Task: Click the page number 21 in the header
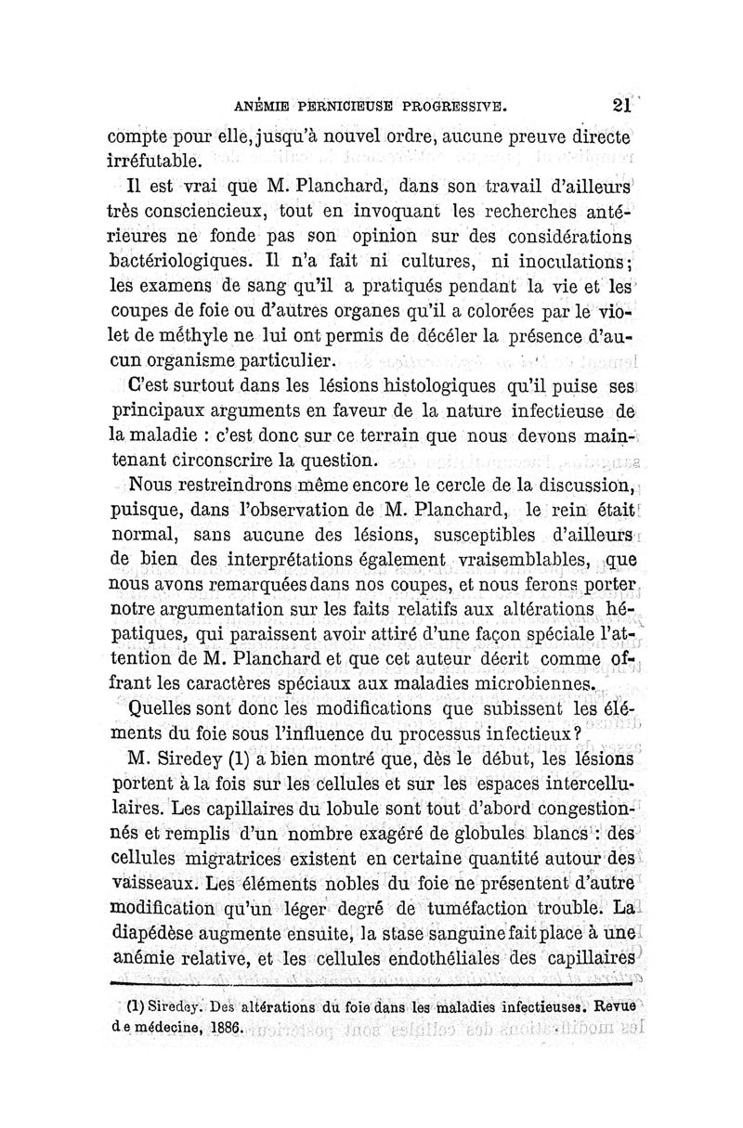tap(623, 105)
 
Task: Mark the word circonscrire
tap(234, 460)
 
